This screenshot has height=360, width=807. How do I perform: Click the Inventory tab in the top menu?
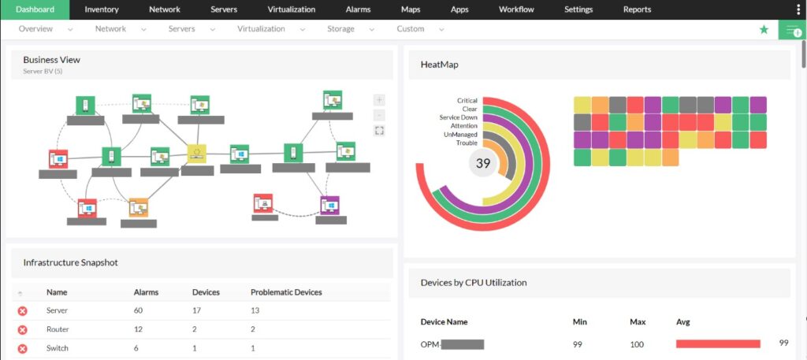102,9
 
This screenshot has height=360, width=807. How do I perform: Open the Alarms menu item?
358,9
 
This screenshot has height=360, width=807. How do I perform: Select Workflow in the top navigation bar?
516,9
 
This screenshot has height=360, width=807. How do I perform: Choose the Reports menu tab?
637,9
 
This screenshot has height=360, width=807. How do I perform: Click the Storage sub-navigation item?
340,29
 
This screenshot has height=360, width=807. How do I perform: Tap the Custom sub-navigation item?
411,29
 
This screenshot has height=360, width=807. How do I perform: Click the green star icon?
764,29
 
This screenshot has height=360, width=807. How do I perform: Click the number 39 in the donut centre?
483,163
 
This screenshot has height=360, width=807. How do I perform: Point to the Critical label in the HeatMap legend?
467,101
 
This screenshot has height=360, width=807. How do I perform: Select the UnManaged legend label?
461,135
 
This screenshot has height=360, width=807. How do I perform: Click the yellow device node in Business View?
196,154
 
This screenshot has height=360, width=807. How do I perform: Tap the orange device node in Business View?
139,207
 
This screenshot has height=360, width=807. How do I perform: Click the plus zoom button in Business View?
380,100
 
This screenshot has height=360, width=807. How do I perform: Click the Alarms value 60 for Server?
139,310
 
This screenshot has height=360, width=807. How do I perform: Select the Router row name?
57,329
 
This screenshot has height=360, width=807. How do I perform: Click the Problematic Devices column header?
286,292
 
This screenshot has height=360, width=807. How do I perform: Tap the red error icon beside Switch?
22,348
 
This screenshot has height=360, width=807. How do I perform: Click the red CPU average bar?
718,343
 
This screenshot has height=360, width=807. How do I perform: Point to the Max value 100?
637,344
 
